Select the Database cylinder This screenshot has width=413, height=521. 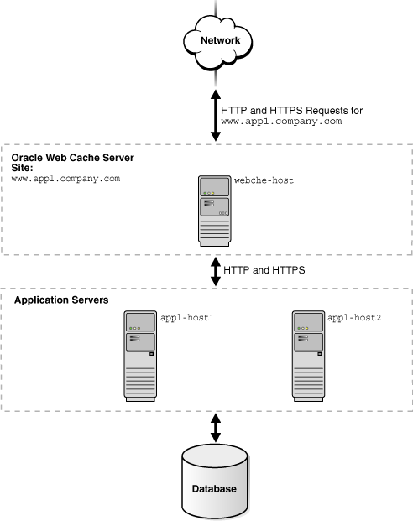215,482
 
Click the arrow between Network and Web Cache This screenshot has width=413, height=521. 215,115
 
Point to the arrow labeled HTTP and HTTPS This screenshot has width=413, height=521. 215,272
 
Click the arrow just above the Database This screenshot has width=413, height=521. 215,428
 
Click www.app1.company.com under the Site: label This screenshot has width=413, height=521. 66,179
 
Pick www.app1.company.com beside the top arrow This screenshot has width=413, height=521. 280,122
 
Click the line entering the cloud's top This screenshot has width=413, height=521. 216,8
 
